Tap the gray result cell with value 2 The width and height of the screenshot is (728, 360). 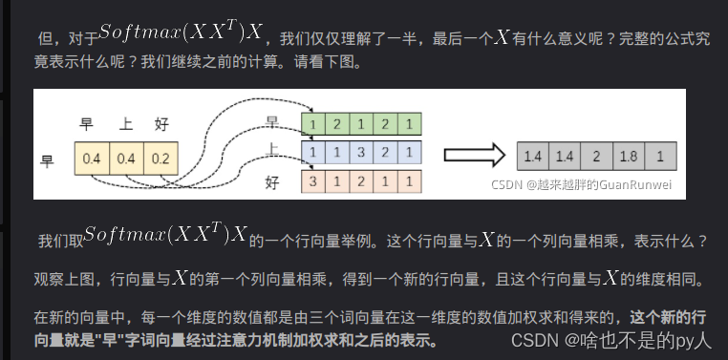pyautogui.click(x=596, y=156)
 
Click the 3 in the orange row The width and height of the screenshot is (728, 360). pyautogui.click(x=311, y=180)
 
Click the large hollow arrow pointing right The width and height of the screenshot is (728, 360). pyautogui.click(x=475, y=156)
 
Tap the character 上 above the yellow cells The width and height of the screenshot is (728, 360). pyautogui.click(x=125, y=124)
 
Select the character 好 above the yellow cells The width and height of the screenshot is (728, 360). pyautogui.click(x=161, y=124)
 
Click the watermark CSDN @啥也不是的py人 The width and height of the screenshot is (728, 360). pyautogui.click(x=611, y=339)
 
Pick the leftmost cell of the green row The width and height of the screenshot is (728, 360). pyautogui.click(x=311, y=123)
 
